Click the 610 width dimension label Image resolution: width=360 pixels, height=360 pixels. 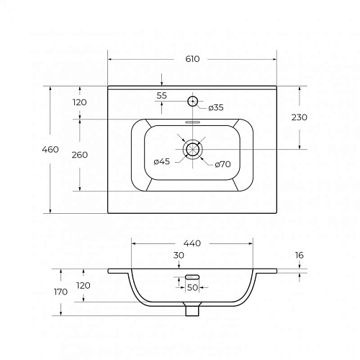[x=192, y=59]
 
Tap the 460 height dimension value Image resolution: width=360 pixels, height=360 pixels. [x=50, y=150]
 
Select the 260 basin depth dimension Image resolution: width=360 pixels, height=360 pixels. [x=80, y=155]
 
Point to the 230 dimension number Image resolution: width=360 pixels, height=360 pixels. [x=300, y=117]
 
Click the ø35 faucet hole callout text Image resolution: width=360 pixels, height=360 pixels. [x=216, y=107]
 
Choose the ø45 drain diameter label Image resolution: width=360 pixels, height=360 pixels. [x=162, y=161]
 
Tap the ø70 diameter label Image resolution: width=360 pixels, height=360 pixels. [x=222, y=164]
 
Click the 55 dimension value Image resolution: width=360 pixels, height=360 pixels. [x=161, y=96]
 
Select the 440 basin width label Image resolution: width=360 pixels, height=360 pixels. [x=192, y=243]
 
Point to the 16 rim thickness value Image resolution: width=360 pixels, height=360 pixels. [x=300, y=255]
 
